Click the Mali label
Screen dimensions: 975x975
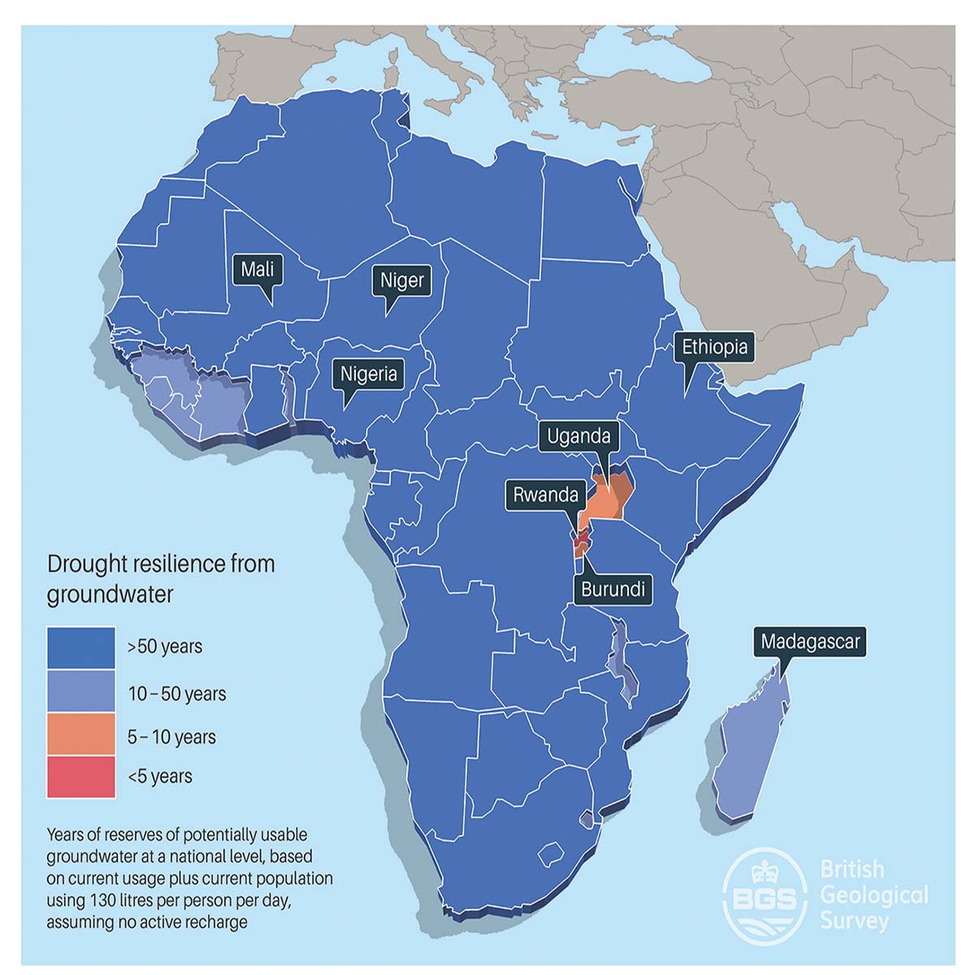[258, 269]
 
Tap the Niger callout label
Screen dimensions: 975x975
[402, 280]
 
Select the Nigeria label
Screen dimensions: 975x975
[369, 374]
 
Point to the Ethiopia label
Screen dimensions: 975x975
[714, 347]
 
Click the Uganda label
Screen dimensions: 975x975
[578, 436]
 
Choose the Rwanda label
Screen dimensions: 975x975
[546, 495]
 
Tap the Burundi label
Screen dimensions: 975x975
[613, 589]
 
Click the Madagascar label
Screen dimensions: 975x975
[810, 642]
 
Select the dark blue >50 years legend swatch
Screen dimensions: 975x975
[80, 648]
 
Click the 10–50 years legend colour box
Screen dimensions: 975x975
[80, 691]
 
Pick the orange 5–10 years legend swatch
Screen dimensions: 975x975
[80, 735]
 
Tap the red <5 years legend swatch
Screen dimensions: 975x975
[80, 777]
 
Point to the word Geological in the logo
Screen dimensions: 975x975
[874, 895]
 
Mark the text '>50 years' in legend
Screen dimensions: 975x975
[165, 648]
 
